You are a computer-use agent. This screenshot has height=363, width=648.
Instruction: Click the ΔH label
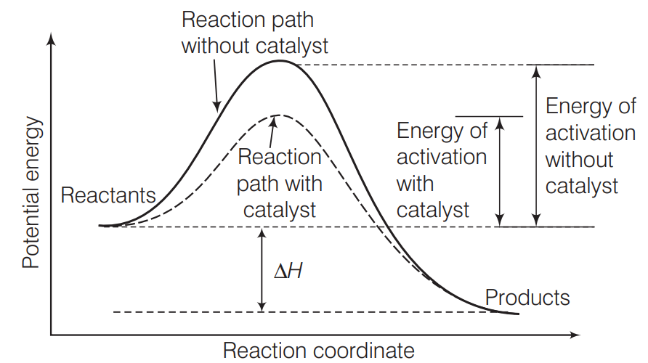[x=288, y=272]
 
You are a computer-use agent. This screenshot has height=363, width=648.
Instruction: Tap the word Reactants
[x=108, y=195]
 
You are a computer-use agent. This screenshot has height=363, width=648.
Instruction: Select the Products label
[x=527, y=298]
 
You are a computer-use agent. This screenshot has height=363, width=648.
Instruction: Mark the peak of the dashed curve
[x=277, y=115]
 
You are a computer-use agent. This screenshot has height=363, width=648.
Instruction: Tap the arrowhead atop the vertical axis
[x=50, y=38]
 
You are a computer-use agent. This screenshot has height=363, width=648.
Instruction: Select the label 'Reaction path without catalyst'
[x=254, y=33]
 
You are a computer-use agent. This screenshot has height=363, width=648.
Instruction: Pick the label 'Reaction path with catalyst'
[x=280, y=183]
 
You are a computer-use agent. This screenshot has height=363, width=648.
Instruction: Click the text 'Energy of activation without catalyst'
[x=590, y=147]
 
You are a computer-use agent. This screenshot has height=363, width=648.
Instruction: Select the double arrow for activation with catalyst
[x=499, y=171]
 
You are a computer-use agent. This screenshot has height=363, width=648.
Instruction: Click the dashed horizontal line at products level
[x=291, y=312]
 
